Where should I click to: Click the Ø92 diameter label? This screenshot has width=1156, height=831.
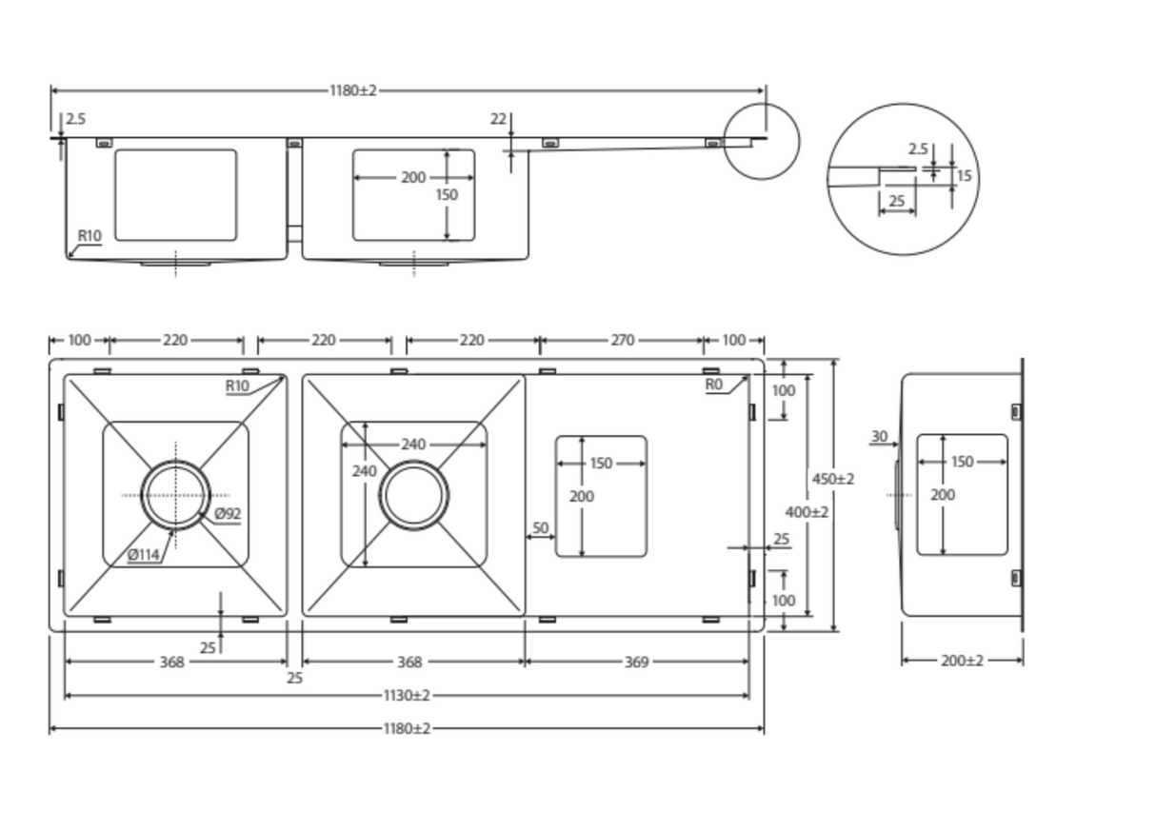[x=228, y=514]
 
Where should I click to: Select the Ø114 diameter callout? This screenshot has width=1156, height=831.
[x=144, y=555]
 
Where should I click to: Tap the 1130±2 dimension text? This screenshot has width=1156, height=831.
[x=407, y=696]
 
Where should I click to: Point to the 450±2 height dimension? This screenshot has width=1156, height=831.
[x=833, y=479]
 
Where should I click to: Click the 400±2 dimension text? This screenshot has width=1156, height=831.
[x=807, y=512]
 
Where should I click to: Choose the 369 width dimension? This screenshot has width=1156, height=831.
[x=636, y=663]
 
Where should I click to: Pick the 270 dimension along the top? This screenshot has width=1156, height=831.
[x=623, y=341]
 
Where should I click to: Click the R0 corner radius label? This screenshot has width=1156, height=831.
[x=714, y=385]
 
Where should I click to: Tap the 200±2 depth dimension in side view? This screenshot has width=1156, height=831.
[x=963, y=661]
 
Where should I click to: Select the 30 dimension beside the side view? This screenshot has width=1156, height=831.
[x=880, y=437]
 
